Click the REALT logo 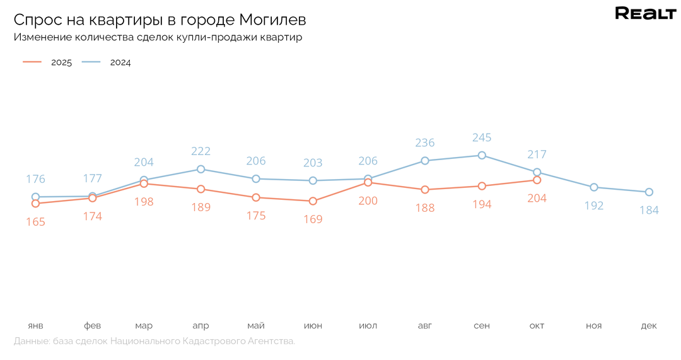coord(645,14)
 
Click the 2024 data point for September coord(482,155)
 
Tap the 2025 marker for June coord(313,201)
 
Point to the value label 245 coord(482,137)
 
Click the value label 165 coord(35,222)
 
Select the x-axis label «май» coord(256,326)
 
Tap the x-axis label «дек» coord(649,326)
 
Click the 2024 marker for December coord(649,192)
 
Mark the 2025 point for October coord(537,180)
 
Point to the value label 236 coord(425,143)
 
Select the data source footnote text coord(154,341)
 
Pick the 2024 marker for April coord(201,169)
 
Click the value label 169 coord(313,219)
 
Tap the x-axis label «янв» coord(35,326)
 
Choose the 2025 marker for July coord(368,183)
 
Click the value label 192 coord(594,206)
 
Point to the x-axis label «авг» coord(425,326)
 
